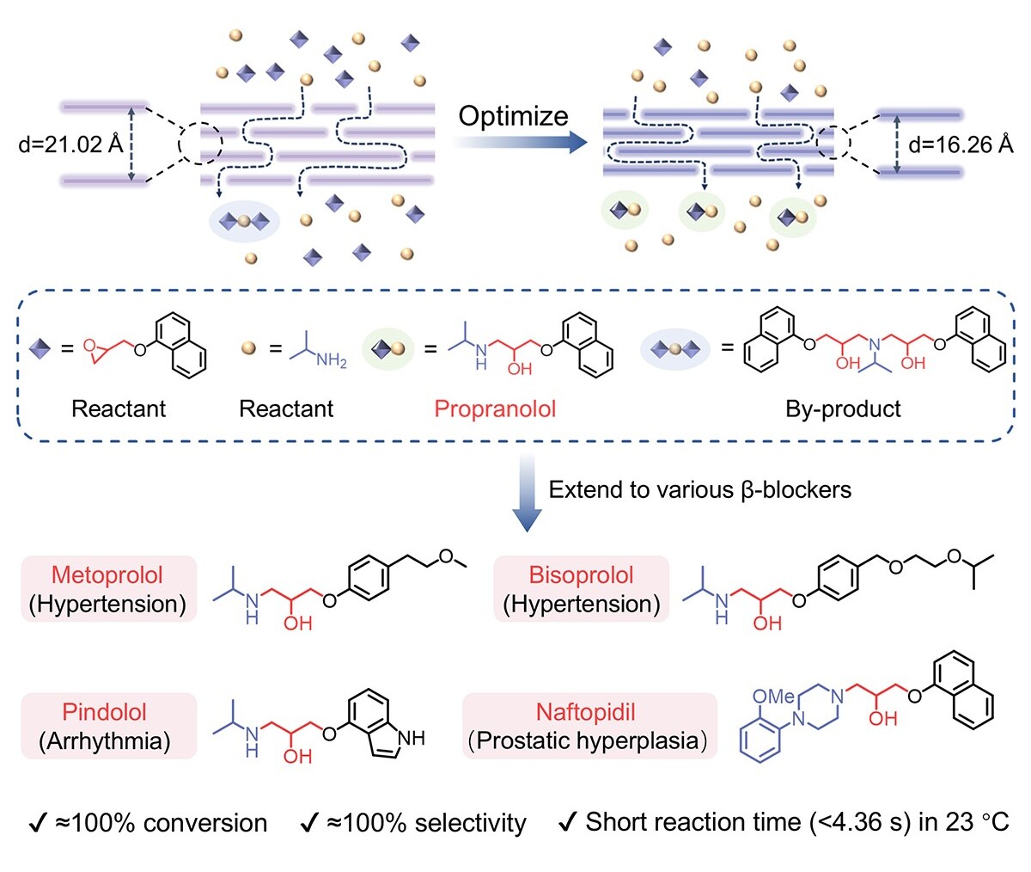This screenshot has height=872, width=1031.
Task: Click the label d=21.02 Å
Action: pyautogui.click(x=70, y=144)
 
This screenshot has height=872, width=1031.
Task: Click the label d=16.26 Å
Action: pyautogui.click(x=961, y=144)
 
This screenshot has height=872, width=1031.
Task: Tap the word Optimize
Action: pyautogui.click(x=513, y=117)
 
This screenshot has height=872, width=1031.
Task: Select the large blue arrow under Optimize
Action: pyautogui.click(x=520, y=143)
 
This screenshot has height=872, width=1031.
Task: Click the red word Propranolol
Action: pyautogui.click(x=495, y=408)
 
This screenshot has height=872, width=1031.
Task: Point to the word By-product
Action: pyautogui.click(x=843, y=408)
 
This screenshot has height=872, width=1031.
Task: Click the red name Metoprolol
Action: pyautogui.click(x=107, y=575)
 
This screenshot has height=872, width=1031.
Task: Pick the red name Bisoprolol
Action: pyautogui.click(x=581, y=575)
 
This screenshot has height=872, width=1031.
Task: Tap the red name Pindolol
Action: pyautogui.click(x=104, y=712)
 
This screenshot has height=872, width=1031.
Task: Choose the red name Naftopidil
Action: pyautogui.click(x=586, y=712)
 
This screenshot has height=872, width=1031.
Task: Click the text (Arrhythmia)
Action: pyautogui.click(x=105, y=741)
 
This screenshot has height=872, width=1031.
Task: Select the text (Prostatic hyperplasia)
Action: pyautogui.click(x=588, y=741)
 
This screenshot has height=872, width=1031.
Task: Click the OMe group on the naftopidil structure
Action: pyautogui.click(x=772, y=697)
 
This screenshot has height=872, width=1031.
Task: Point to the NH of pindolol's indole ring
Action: pyautogui.click(x=412, y=739)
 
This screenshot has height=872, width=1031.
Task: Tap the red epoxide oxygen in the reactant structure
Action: pyautogui.click(x=89, y=345)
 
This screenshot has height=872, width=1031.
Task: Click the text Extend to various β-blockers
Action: pyautogui.click(x=700, y=490)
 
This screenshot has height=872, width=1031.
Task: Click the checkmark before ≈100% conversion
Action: pyautogui.click(x=38, y=823)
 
